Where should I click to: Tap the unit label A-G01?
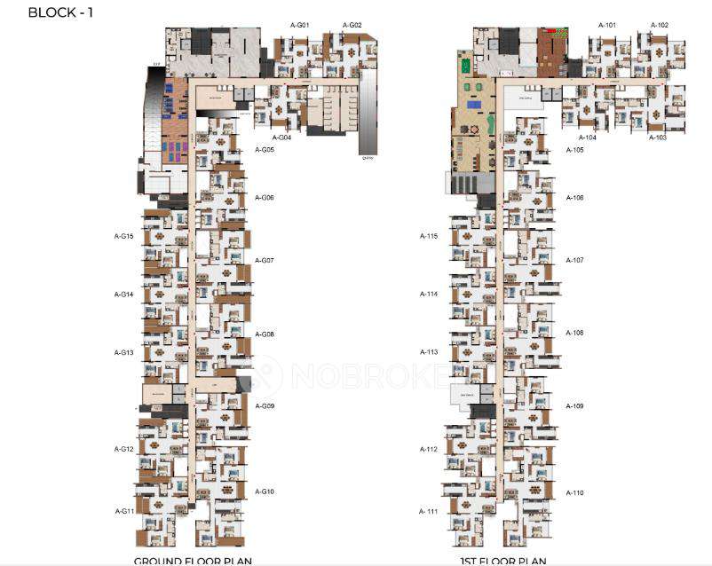point(299,26)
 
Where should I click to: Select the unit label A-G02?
point(352,26)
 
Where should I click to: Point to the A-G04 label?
point(281,138)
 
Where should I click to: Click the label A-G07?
point(265,261)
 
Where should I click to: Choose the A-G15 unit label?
point(123,236)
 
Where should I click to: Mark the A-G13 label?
point(123,352)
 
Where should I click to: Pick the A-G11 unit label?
point(124,511)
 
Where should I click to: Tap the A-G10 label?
point(265,491)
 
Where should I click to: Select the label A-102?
point(659,26)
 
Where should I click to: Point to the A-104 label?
point(587,138)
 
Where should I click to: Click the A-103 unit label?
point(657,138)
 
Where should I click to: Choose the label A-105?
point(575,150)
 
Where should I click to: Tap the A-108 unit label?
point(575,333)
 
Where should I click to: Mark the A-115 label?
point(430,236)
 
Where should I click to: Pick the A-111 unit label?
point(430,512)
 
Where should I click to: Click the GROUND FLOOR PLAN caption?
point(193,561)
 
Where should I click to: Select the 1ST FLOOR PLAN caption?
point(502,561)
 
